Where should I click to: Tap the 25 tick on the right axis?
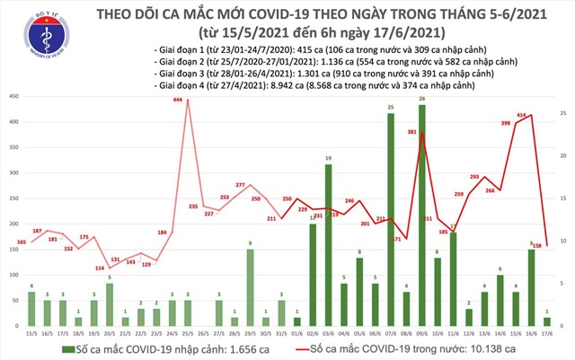(x=562, y=114)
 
